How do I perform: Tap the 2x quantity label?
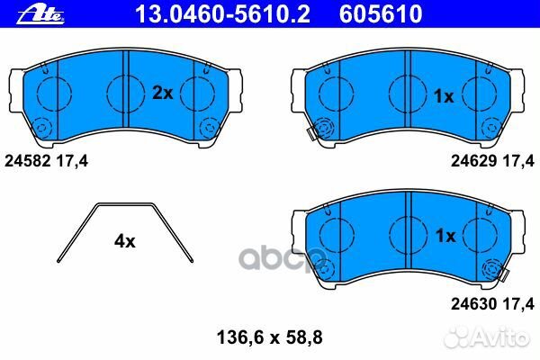click(162, 92)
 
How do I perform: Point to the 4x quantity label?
click(124, 241)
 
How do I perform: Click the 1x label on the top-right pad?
click(444, 96)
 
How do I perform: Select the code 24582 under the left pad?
click(25, 161)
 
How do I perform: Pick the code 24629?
click(470, 161)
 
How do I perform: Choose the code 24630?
click(470, 304)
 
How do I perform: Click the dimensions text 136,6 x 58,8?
click(270, 338)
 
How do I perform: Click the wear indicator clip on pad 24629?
click(318, 131)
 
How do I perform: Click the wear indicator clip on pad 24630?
click(493, 268)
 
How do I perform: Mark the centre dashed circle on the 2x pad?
click(124, 90)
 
